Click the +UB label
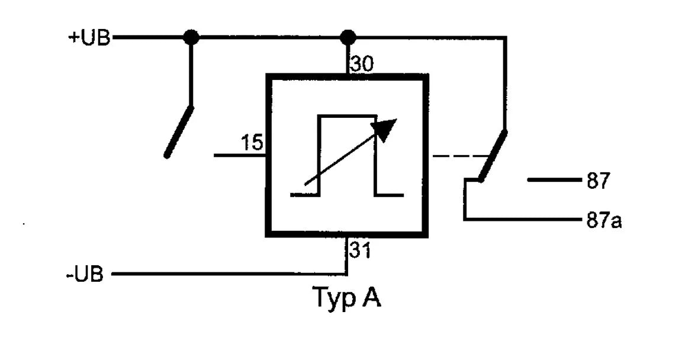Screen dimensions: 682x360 tap(89, 38)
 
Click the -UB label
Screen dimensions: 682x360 tap(85, 274)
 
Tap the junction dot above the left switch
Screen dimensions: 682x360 tap(191, 37)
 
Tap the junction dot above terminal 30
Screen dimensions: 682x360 tap(348, 37)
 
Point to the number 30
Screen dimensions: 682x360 tap(362, 65)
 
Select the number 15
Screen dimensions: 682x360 tap(252, 143)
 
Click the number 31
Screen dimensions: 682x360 tap(360, 251)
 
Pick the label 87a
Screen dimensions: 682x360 tap(604, 221)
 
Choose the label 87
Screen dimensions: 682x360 tap(599, 181)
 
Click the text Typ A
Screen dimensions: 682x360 tap(347, 297)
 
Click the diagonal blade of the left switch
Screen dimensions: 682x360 tap(178, 131)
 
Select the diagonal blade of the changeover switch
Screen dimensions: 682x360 tap(492, 155)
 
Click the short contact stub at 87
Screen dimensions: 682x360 tap(555, 179)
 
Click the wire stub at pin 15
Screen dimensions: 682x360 tap(240, 155)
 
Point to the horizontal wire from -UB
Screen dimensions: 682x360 tap(229, 274)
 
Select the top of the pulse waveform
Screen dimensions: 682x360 tap(348, 116)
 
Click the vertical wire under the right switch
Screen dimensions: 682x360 tap(465, 199)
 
